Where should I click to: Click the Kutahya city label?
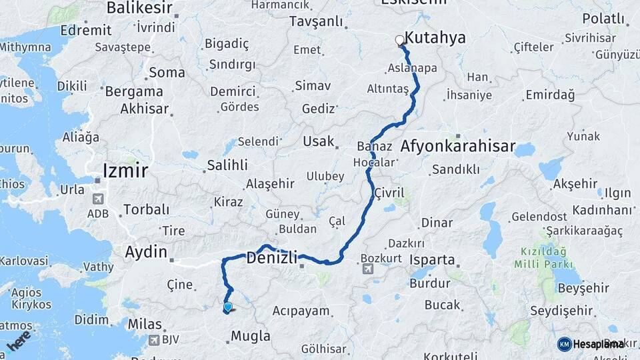[435, 39]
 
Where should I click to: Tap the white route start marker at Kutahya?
[400, 40]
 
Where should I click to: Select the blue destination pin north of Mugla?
[228, 307]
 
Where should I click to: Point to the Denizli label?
[271, 257]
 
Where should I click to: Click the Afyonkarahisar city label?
[458, 146]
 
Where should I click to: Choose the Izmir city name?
[125, 171]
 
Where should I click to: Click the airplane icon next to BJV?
[155, 340]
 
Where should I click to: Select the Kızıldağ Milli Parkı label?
[543, 259]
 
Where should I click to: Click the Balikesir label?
[139, 8]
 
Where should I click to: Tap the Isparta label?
[433, 259]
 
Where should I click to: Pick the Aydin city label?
[146, 252]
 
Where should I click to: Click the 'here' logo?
[19, 340]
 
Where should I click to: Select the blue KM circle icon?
[564, 344]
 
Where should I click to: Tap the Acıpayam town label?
[301, 311]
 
